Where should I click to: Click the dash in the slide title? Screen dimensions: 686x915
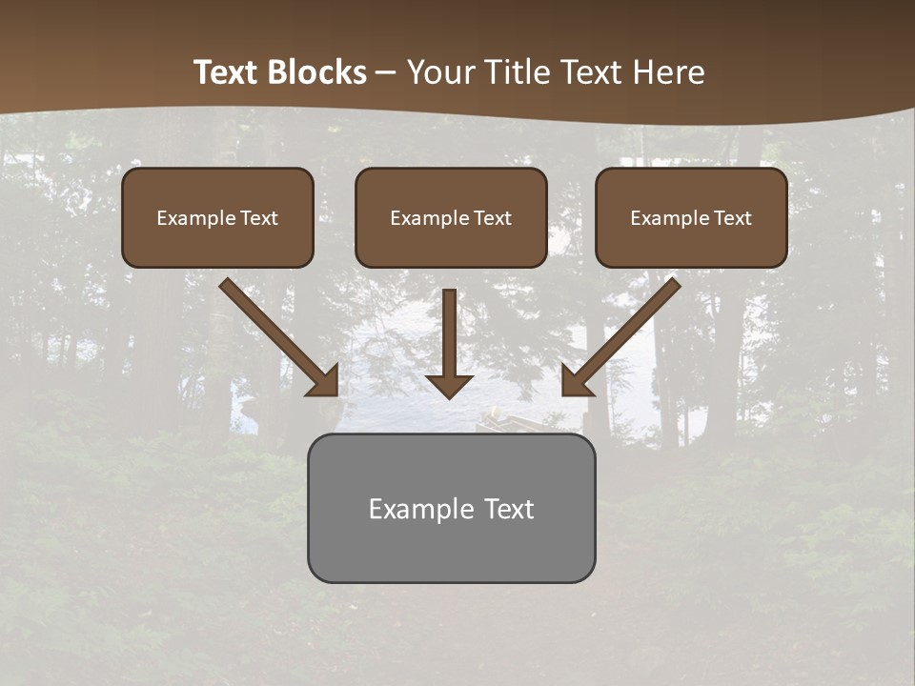pyautogui.click(x=386, y=73)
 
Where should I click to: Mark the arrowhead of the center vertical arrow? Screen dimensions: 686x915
pyautogui.click(x=449, y=385)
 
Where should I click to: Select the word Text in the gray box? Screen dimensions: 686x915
pyautogui.click(x=509, y=509)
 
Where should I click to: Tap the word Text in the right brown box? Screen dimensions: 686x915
pyautogui.click(x=733, y=218)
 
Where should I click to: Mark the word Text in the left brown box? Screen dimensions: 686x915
pyautogui.click(x=259, y=218)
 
